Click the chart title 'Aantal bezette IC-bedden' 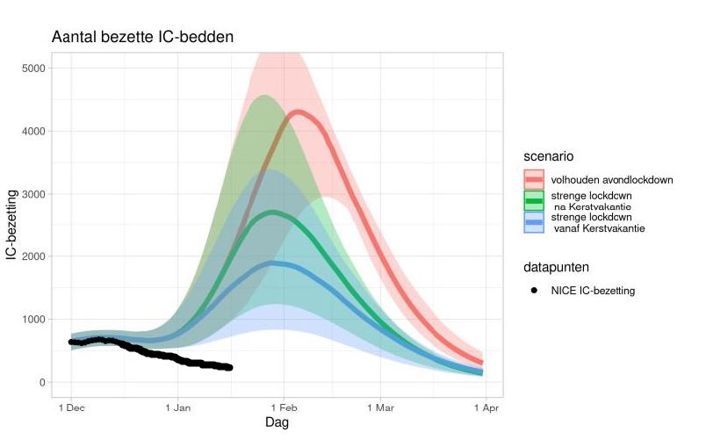coord(141,37)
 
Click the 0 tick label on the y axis coord(41,383)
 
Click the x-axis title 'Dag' coord(277,422)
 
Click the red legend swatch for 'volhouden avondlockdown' coord(534,180)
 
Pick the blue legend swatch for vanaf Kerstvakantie coord(534,223)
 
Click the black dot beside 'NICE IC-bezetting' coord(534,291)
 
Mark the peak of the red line coord(299,112)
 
